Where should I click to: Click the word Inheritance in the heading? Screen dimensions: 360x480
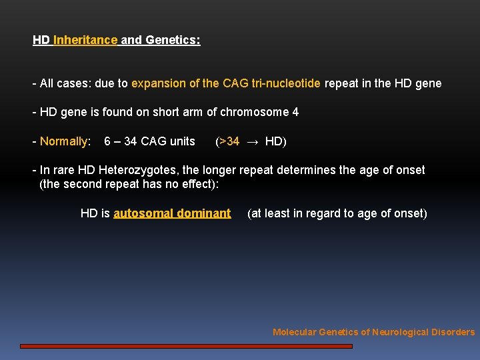coord(85,40)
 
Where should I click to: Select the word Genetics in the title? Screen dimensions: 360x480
coord(172,40)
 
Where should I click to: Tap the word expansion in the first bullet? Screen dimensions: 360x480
coord(157,83)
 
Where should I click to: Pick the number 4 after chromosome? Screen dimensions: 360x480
coord(295,112)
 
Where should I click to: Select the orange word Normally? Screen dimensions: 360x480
coord(64,141)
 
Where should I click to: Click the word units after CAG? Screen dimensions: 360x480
coord(182,141)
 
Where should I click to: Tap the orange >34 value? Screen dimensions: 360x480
coord(229,141)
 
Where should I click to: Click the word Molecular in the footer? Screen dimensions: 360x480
coord(294,332)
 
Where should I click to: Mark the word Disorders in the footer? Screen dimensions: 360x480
coord(453,332)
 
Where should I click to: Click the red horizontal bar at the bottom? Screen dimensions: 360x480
coord(186,346)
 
